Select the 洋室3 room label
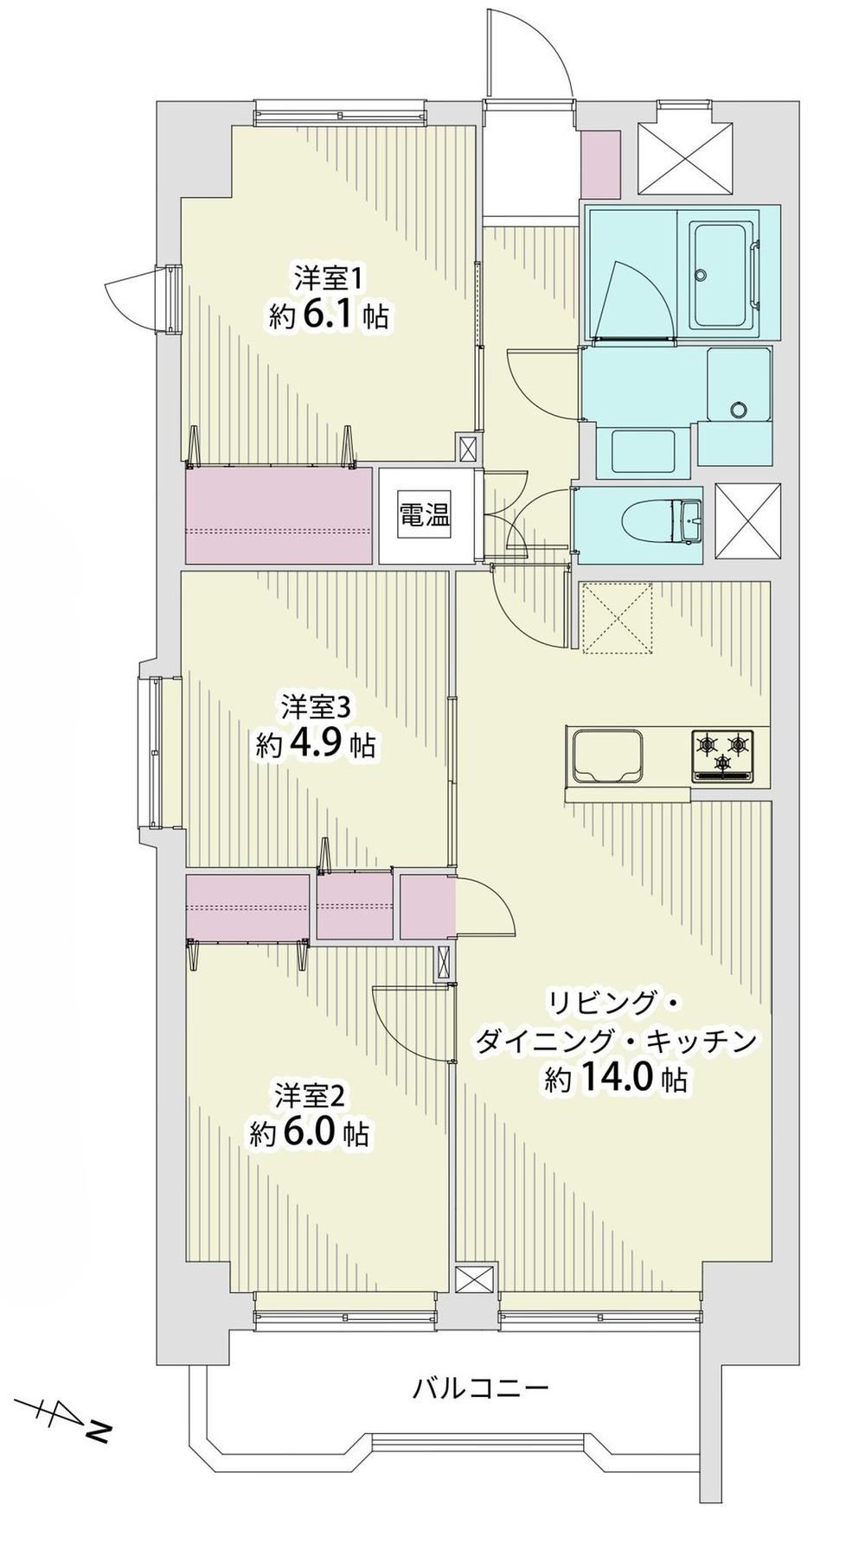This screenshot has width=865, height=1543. tap(315, 707)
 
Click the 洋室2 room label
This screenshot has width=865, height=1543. tap(311, 1096)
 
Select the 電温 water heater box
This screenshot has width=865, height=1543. tap(425, 516)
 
